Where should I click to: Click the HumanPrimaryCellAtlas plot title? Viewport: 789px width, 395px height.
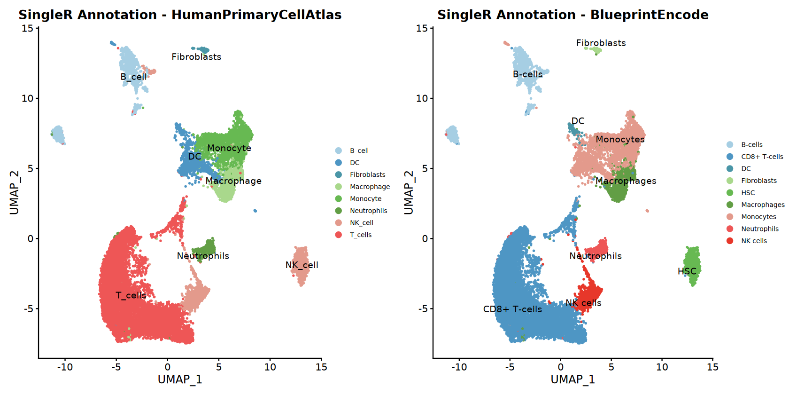[180, 15]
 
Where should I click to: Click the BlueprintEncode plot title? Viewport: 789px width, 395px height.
[572, 15]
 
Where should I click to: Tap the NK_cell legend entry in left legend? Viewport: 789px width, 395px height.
[361, 223]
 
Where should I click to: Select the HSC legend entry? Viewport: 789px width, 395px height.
[748, 193]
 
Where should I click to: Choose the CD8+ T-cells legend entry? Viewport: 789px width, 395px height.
[762, 157]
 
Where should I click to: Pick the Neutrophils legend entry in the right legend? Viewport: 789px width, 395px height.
[759, 229]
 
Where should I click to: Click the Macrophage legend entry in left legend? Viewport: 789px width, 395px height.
[370, 187]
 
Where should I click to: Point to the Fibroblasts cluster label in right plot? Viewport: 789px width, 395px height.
[601, 43]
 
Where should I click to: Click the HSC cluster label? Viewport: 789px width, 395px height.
[687, 271]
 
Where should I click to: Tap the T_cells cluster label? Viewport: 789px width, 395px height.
[131, 295]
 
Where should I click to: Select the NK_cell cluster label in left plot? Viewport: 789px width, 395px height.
[302, 265]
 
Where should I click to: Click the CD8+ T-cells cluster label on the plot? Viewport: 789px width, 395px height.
[512, 309]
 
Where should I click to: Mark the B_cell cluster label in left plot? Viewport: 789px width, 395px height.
[133, 77]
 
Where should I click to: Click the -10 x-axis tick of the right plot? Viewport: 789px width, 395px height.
[459, 367]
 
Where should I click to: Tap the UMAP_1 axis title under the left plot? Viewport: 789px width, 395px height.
[180, 379]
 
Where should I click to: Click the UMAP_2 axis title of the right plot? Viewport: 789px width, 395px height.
[409, 193]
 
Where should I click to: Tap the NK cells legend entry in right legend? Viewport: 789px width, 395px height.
[754, 241]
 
